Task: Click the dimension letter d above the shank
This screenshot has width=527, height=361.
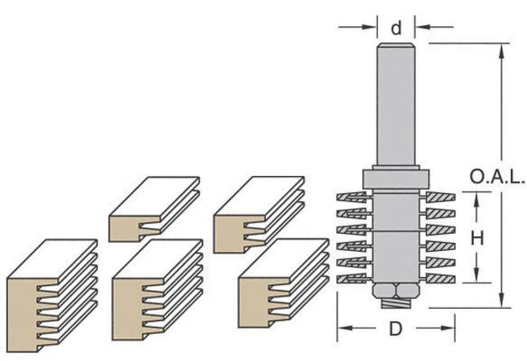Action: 396,29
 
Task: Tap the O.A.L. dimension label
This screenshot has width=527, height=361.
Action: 498,177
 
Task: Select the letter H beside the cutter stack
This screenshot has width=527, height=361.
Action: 477,238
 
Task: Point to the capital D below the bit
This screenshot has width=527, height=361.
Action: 396,328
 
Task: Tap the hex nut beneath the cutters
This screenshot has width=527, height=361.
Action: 396,290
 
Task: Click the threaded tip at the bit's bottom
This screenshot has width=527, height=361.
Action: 396,304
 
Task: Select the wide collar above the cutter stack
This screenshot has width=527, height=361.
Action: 396,179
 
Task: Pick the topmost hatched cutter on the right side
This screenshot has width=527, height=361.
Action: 441,197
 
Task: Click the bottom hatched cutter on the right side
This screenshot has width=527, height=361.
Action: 441,279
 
